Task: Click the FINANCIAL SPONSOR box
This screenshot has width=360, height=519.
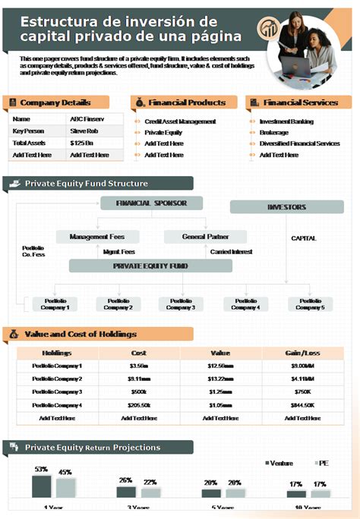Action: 151,203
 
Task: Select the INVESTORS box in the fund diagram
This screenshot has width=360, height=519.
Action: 286,206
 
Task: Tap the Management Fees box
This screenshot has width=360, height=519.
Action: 97,237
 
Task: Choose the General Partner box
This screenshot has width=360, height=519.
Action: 205,237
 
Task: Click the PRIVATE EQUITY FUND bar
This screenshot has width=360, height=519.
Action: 150,266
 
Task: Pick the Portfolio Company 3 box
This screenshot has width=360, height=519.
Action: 181,304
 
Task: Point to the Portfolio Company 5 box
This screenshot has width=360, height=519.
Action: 310,304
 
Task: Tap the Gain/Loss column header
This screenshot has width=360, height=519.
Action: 302,353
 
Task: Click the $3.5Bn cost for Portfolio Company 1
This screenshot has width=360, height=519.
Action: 139,366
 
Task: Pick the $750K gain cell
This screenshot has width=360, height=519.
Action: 302,392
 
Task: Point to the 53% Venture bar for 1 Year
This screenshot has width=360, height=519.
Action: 41,486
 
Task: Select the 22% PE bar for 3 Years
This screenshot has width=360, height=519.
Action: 150,492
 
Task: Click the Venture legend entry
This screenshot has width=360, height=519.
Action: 279,463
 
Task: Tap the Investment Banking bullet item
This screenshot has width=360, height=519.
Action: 286,121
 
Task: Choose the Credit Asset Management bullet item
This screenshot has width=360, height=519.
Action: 180,121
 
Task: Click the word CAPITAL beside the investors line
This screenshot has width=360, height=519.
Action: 303,238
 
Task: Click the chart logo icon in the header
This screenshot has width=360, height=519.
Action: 268,30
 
